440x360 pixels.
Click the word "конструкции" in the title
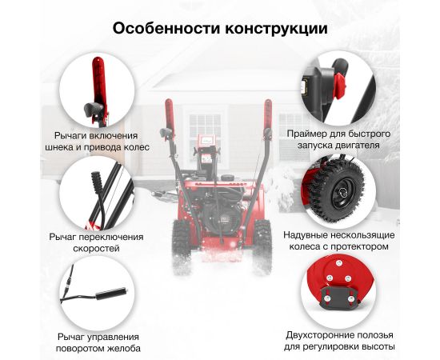click(276, 29)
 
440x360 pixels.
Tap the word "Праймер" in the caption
click(306, 134)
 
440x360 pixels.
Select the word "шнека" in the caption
click(58, 147)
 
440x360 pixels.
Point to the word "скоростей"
click(96, 248)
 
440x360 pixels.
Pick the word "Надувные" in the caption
click(305, 235)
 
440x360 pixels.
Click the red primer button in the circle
click(340, 86)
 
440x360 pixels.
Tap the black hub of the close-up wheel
click(343, 193)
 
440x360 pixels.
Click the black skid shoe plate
click(339, 297)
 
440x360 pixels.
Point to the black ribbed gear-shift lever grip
click(97, 182)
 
